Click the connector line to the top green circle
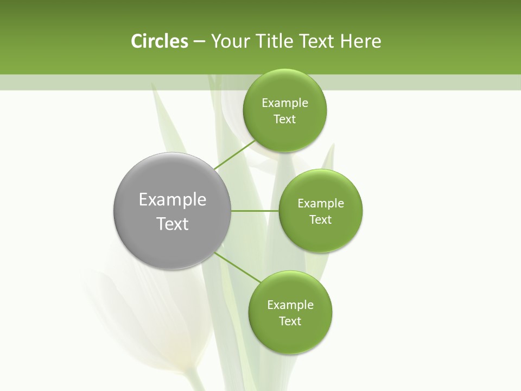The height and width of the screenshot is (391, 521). click(x=234, y=155)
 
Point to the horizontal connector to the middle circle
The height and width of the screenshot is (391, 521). click(x=255, y=211)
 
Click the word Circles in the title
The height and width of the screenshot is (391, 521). click(x=159, y=41)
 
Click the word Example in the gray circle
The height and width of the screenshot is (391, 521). click(x=173, y=200)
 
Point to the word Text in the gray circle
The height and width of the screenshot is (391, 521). click(x=173, y=224)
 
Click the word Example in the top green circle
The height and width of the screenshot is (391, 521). click(x=284, y=103)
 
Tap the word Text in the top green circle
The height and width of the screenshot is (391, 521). click(x=284, y=119)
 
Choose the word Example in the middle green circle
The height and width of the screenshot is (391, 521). click(x=320, y=204)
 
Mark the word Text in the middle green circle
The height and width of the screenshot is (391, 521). click(x=320, y=220)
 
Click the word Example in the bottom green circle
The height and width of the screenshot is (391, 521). click(x=290, y=305)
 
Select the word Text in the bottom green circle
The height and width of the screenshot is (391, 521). click(x=290, y=321)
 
